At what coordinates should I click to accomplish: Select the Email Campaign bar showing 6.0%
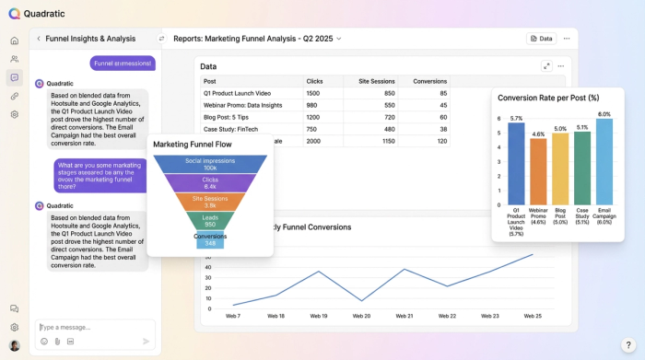click(604, 160)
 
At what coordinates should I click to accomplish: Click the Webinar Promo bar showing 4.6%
click(538, 170)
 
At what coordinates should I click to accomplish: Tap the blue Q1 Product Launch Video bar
click(516, 163)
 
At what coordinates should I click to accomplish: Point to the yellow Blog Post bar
click(560, 168)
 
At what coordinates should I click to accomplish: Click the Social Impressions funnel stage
click(210, 164)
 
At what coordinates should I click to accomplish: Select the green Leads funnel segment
click(210, 221)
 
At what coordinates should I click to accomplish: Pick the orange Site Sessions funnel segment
click(210, 202)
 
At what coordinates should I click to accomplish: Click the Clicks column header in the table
click(314, 81)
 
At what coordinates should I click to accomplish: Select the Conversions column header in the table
click(429, 81)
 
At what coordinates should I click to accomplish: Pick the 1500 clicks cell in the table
click(313, 93)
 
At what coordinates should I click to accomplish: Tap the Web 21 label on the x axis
click(405, 316)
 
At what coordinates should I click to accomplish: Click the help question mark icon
click(627, 344)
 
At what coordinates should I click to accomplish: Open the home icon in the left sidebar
click(14, 41)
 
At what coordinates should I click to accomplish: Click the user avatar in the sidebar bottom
click(14, 345)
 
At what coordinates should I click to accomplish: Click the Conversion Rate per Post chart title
click(548, 98)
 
